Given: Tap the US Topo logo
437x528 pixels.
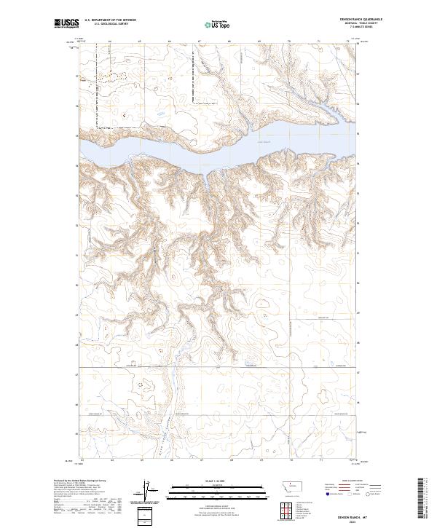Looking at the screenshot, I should coord(217,24).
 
